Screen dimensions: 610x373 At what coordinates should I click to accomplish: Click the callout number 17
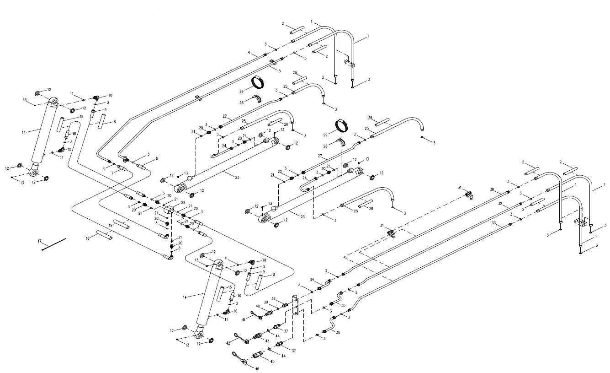(x=39, y=241)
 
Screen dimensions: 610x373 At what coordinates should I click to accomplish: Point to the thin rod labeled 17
(x=54, y=244)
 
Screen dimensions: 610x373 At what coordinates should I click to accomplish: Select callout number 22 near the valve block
(x=183, y=202)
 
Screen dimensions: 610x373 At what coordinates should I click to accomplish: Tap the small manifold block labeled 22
(x=169, y=210)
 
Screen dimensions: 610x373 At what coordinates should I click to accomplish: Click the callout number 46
(x=257, y=368)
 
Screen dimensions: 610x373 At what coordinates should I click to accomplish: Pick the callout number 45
(x=272, y=361)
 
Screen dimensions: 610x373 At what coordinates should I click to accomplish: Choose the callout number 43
(x=267, y=341)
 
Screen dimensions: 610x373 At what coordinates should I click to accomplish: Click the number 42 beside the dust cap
(x=228, y=343)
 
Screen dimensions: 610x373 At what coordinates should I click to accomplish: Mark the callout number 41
(x=244, y=319)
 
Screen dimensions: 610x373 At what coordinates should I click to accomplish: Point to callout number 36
(x=338, y=332)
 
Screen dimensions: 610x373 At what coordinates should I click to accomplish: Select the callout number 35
(x=343, y=305)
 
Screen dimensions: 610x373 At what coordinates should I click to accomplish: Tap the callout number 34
(x=312, y=280)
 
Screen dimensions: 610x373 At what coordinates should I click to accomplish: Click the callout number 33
(x=494, y=223)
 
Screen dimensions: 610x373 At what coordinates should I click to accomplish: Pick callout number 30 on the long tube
(x=492, y=189)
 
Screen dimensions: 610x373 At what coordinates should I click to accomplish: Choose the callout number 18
(x=88, y=238)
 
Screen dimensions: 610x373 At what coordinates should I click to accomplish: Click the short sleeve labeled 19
(x=121, y=224)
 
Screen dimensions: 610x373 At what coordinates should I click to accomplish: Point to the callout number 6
(x=157, y=158)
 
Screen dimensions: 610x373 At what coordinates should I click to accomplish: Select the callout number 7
(x=112, y=173)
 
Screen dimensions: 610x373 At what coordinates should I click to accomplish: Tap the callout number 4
(x=249, y=52)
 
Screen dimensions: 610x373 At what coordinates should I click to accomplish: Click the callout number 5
(x=279, y=71)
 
